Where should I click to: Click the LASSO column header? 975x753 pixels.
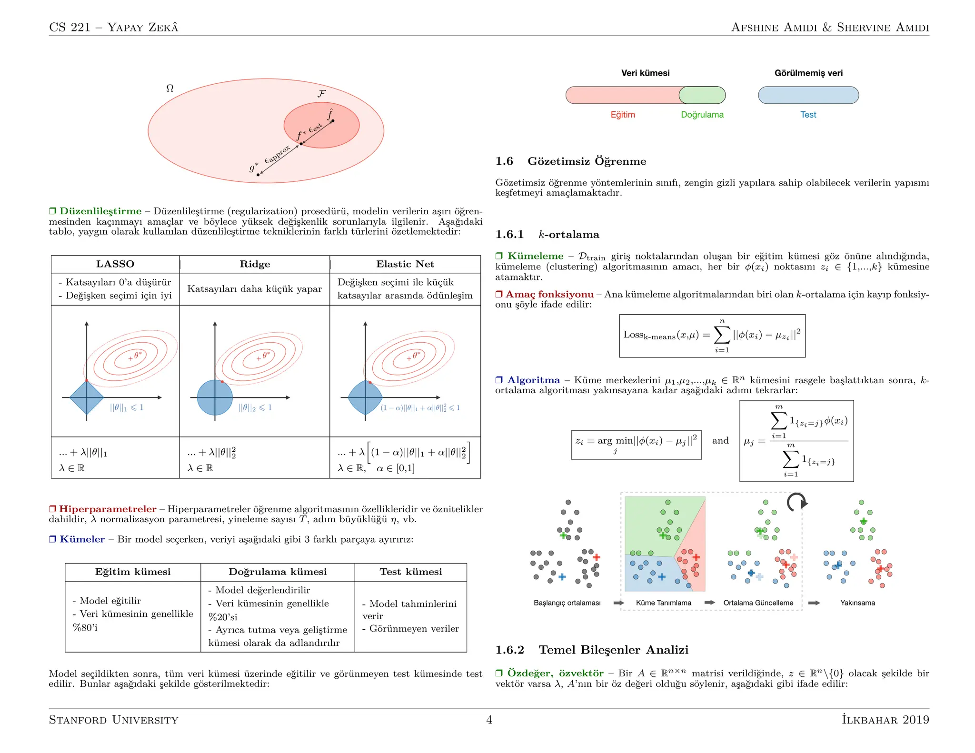tap(115, 264)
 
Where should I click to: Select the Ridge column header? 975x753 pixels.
tap(255, 264)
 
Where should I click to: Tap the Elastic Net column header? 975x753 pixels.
tap(405, 264)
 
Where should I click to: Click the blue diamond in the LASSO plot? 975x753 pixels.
tap(87, 397)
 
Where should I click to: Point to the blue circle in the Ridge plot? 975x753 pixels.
tap(215, 397)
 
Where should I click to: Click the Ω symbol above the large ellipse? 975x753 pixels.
tap(170, 89)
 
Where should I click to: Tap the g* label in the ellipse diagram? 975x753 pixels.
tap(253, 168)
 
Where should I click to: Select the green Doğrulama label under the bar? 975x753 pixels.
tap(702, 115)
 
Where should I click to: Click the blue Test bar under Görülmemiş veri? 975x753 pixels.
tap(808, 95)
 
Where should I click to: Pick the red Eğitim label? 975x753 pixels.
tap(623, 115)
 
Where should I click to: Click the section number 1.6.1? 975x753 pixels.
tap(509, 235)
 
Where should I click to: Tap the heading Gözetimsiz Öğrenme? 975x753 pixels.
tap(587, 161)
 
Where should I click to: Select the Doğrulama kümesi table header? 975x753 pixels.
tap(278, 572)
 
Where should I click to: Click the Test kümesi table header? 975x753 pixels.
tap(410, 572)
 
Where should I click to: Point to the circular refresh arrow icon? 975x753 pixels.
tap(796, 502)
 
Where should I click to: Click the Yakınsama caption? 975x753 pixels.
tap(857, 603)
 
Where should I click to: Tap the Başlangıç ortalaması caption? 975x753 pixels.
tap(567, 603)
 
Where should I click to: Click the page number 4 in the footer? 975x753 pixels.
tap(489, 720)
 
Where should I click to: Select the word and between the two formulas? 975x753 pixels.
tap(720, 441)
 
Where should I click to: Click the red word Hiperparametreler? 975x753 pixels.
tap(108, 509)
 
